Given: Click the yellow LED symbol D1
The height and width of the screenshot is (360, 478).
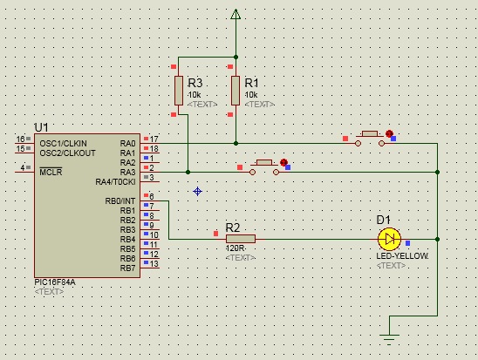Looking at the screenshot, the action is tap(389, 240).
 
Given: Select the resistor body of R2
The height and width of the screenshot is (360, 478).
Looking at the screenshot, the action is tap(241, 239).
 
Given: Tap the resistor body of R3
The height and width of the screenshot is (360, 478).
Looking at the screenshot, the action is tap(179, 91).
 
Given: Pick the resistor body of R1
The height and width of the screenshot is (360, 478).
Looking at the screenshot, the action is tap(236, 91).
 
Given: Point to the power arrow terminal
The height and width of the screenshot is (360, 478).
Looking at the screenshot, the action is tap(236, 14).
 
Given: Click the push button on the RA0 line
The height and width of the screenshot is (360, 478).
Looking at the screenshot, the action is tap(370, 139).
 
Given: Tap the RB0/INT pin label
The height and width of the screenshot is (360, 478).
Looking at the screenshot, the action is tap(120, 201).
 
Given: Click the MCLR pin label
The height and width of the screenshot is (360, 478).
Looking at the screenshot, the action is tap(51, 172).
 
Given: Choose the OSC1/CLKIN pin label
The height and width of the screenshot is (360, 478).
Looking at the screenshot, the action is tap(63, 144).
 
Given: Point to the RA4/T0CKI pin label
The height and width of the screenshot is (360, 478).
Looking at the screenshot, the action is tap(115, 182).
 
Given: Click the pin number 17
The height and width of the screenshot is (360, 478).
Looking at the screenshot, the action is tap(154, 139).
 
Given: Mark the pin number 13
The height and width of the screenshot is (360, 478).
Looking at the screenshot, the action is tap(154, 264).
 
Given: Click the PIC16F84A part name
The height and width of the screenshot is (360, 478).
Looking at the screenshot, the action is tap(55, 282).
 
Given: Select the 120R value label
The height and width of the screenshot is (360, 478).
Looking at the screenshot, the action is tap(235, 248).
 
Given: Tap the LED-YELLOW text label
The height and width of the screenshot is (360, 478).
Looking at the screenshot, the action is tap(402, 256).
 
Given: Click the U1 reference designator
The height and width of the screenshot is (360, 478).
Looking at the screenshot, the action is tap(42, 127).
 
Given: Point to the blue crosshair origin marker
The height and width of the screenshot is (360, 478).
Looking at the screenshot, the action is tap(197, 191).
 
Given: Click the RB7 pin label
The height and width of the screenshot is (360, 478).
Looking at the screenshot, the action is tap(127, 268).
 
